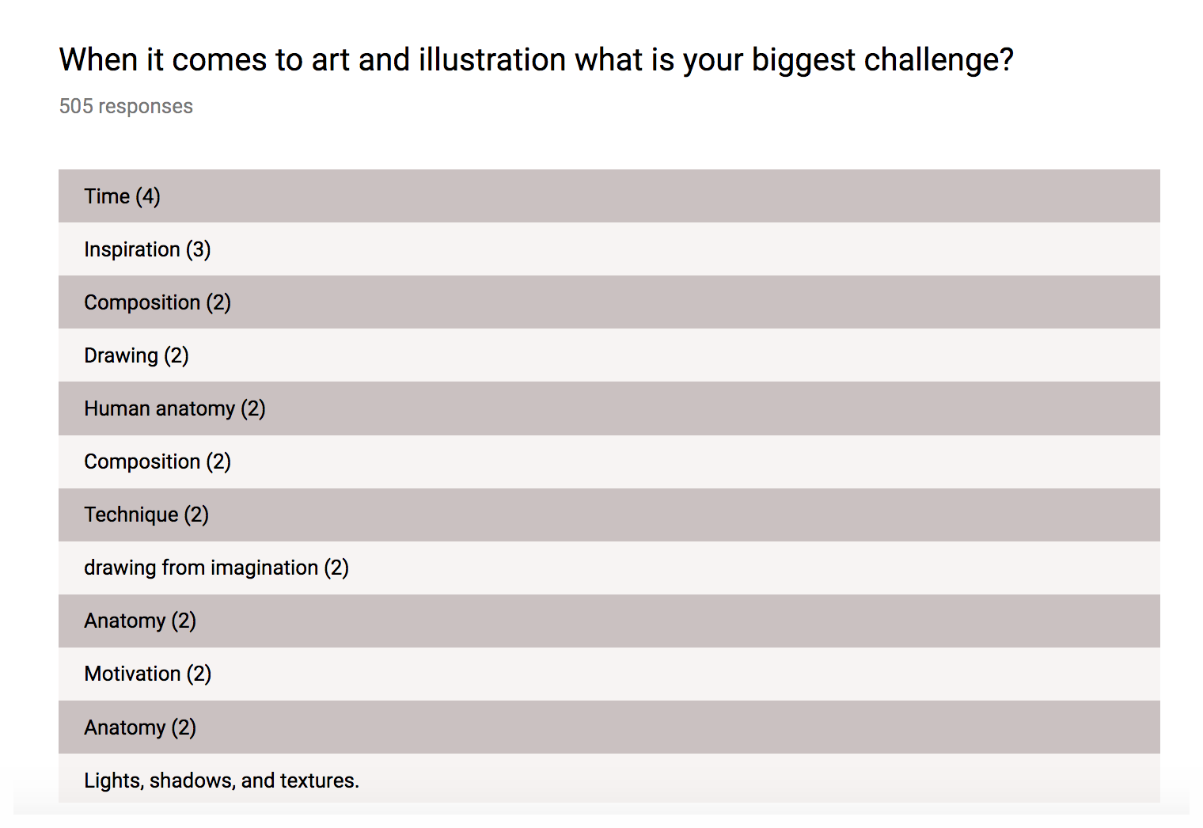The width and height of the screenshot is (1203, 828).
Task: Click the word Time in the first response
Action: coord(107,196)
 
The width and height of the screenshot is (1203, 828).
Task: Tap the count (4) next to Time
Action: coord(148,196)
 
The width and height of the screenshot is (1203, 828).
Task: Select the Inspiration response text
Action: coord(132,249)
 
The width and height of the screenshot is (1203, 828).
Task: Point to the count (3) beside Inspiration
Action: coord(199,249)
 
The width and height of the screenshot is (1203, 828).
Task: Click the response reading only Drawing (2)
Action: coord(136,355)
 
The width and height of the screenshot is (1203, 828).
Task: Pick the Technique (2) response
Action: coord(146,515)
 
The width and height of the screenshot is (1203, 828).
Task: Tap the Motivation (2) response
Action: coord(147,674)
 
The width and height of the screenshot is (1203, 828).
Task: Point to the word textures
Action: coord(317,781)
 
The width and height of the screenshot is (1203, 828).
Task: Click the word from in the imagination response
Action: coord(184,568)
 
